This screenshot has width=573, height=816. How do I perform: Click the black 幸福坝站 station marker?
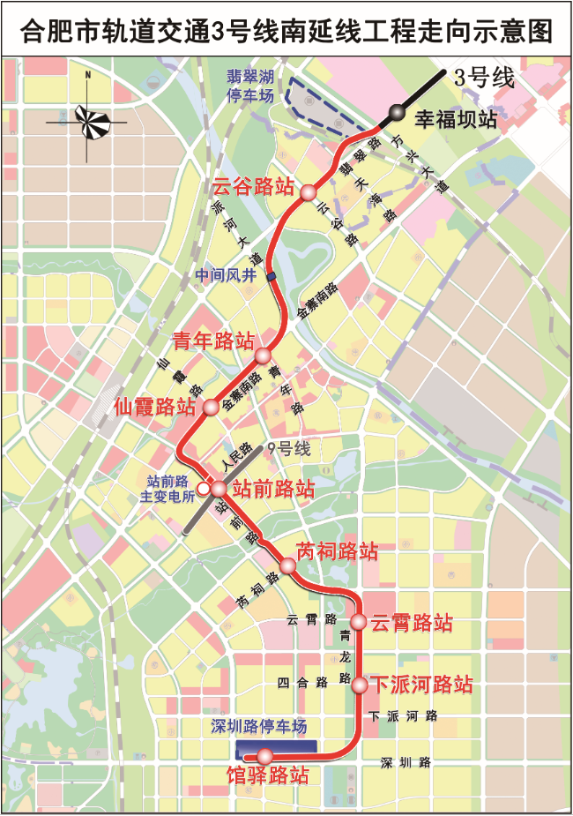coord(398,113)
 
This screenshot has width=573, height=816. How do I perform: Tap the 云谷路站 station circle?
coord(309,193)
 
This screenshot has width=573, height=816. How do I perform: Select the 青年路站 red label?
coord(213,341)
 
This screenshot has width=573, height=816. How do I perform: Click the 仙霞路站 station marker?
coord(211,407)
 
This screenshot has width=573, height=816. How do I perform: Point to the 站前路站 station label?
coord(274,488)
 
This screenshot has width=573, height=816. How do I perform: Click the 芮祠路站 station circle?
coord(287,565)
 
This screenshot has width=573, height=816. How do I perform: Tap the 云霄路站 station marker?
coord(358,622)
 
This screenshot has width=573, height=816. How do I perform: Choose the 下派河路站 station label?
coord(420,685)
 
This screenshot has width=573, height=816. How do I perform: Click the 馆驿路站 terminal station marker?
coord(263,755)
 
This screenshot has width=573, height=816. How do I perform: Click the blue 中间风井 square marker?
coord(272,277)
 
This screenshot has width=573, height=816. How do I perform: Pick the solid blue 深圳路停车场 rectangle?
coord(276,745)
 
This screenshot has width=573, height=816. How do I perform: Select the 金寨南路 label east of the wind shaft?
coord(318,301)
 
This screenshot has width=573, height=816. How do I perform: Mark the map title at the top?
coord(286,33)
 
